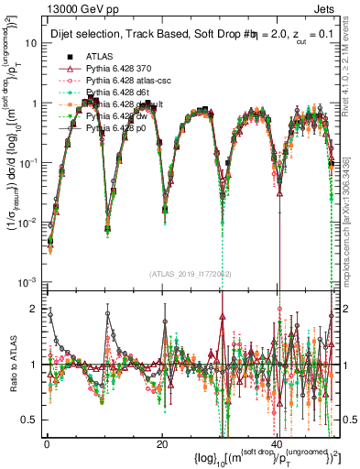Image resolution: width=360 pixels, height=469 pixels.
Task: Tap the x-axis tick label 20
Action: point(162,444)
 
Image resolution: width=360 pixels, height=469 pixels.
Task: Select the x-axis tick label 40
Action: point(278,444)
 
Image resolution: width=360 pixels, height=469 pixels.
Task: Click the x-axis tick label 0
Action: point(47,444)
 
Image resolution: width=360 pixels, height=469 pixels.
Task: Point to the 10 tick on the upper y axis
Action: point(30,43)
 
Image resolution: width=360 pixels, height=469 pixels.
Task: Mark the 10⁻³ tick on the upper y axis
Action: point(27,280)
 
